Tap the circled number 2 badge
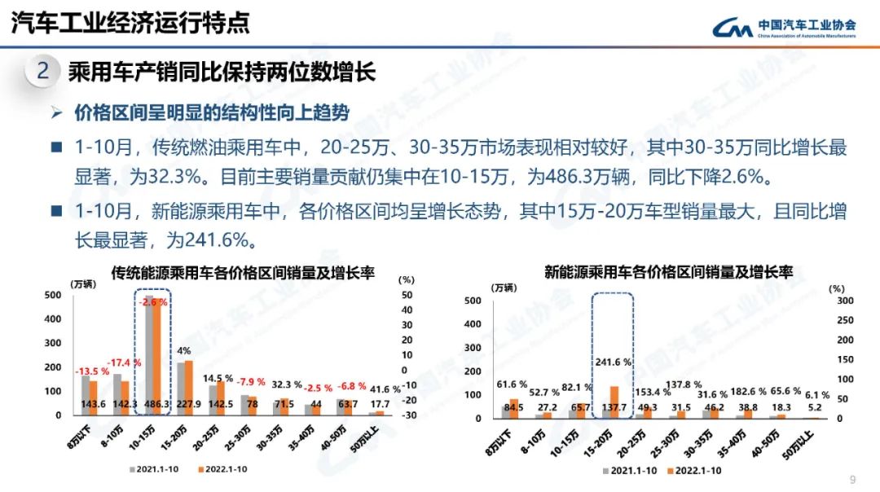(x=42, y=72)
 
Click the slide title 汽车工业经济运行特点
(x=130, y=23)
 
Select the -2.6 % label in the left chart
(x=152, y=302)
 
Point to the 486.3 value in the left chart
(x=152, y=404)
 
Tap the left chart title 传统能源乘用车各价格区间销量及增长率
(x=242, y=273)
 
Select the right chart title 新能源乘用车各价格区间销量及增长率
(x=668, y=272)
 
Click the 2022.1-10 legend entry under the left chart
(x=225, y=469)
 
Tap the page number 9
(x=853, y=478)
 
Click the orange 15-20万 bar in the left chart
(x=189, y=388)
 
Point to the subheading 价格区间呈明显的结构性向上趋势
(x=212, y=112)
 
